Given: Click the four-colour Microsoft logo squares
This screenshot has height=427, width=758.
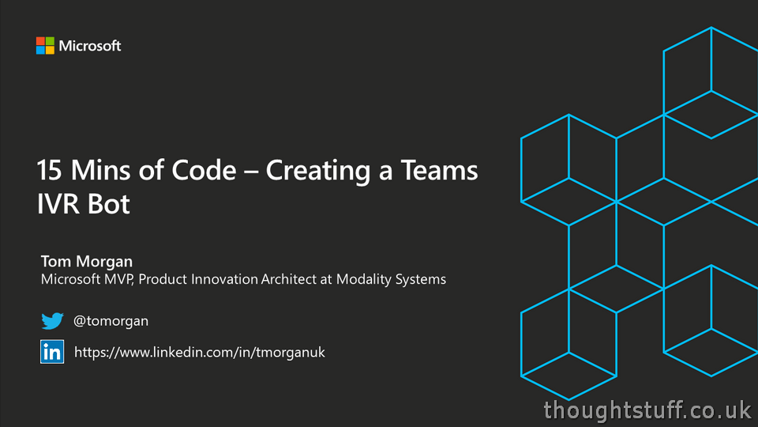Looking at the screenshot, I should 45,46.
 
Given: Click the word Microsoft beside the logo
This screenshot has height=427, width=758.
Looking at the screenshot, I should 90,46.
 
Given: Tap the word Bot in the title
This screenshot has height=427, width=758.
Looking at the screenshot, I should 111,205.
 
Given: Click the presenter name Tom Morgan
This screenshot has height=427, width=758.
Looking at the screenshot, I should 87,261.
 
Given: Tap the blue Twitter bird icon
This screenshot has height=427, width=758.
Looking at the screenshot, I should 52,321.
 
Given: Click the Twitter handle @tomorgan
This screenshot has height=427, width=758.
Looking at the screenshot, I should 111,321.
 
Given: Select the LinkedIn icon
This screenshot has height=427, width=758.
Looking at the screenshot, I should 52,352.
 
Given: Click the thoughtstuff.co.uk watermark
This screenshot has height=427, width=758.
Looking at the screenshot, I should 647,410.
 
